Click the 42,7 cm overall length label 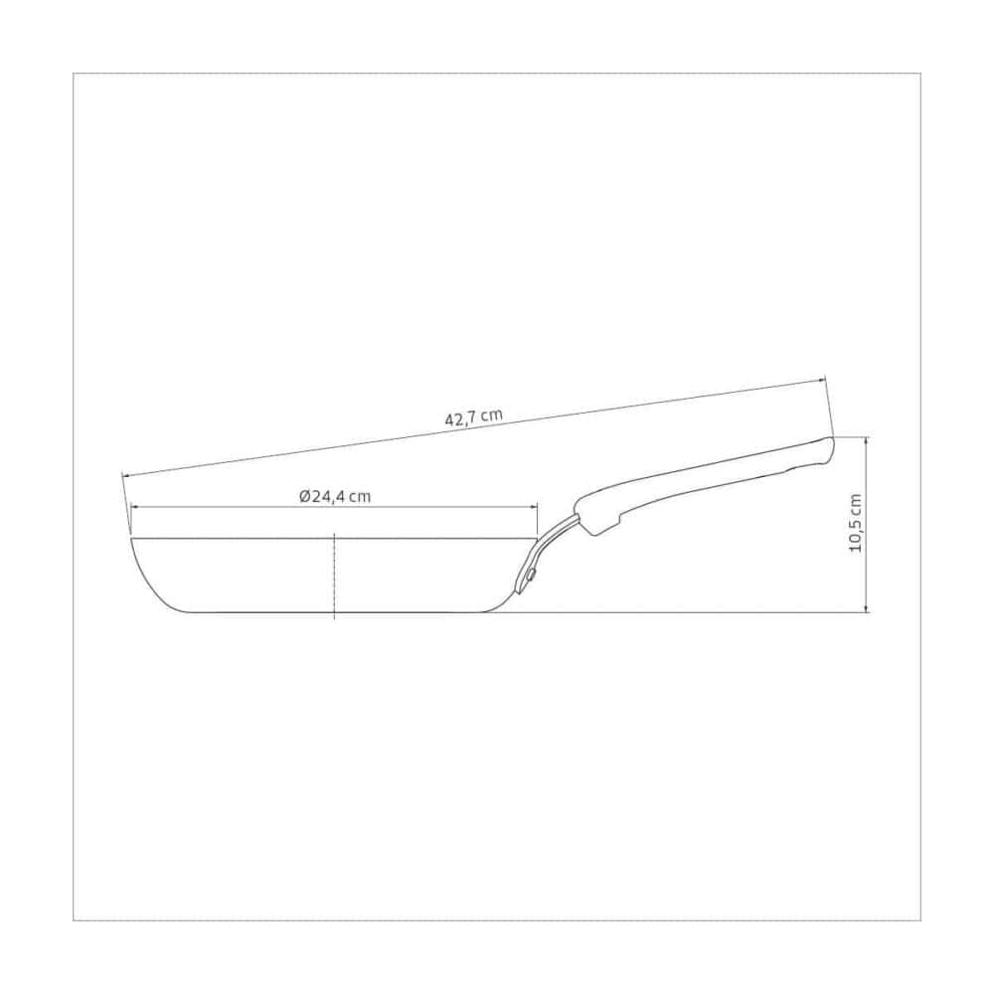click(x=473, y=417)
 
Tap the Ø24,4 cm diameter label click(x=335, y=496)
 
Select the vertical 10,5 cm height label click(x=855, y=523)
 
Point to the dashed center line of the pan click(x=334, y=577)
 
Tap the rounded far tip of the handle click(x=832, y=447)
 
